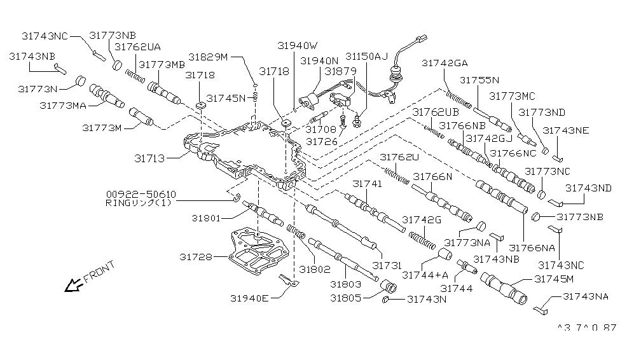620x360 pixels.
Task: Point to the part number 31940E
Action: pyautogui.click(x=249, y=298)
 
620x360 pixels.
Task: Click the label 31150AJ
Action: pyautogui.click(x=367, y=57)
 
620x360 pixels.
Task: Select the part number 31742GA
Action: pyautogui.click(x=444, y=63)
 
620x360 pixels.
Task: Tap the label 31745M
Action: pyautogui.click(x=555, y=279)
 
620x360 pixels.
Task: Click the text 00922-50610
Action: pyautogui.click(x=141, y=194)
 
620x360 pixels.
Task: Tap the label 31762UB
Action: pyautogui.click(x=434, y=112)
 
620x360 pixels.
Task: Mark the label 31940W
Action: pyautogui.click(x=297, y=45)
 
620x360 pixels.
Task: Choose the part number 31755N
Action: pyautogui.click(x=480, y=81)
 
